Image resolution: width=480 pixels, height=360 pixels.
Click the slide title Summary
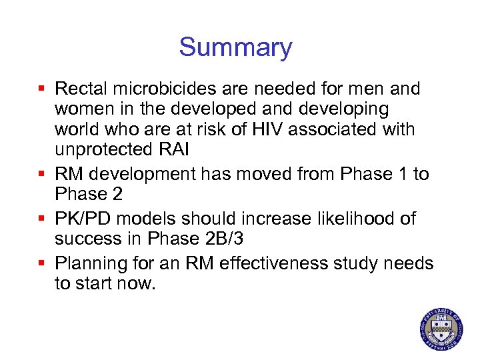coord(235,47)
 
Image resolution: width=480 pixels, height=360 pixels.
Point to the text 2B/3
coord(227,238)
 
